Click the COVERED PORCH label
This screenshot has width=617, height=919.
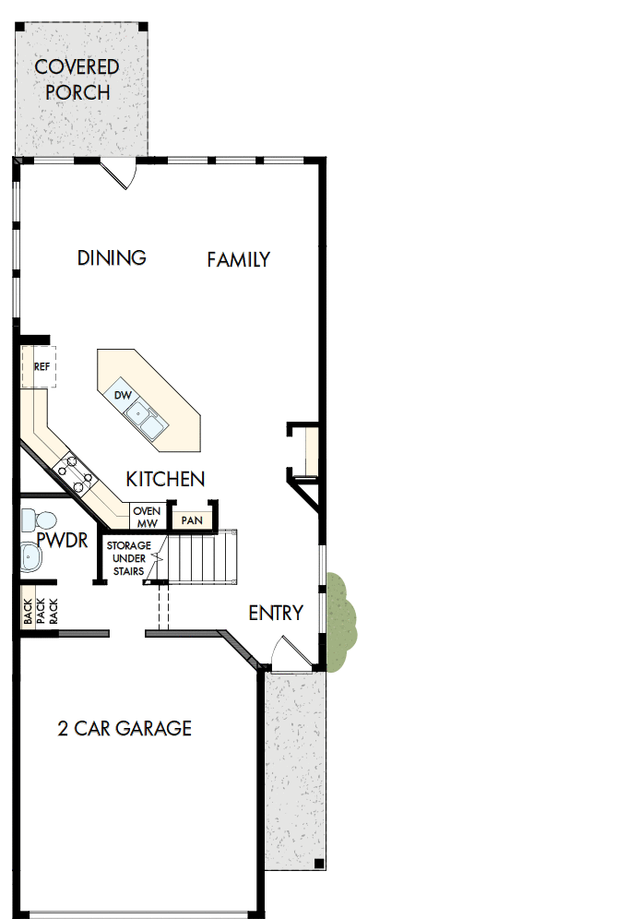click(77, 79)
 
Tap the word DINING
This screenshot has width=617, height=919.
click(112, 257)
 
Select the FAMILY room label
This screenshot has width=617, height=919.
click(238, 259)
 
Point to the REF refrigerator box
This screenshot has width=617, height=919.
click(42, 366)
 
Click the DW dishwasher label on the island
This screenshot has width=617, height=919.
click(123, 396)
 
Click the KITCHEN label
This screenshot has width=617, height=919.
click(165, 480)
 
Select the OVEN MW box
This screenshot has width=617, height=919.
click(147, 518)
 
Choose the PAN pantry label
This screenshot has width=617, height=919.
click(192, 520)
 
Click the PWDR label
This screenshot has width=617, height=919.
click(63, 541)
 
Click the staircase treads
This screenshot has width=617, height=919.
click(200, 557)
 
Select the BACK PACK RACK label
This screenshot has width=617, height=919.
click(40, 611)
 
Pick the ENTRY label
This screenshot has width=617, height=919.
click(275, 614)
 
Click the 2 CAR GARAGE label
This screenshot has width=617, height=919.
click(125, 729)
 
